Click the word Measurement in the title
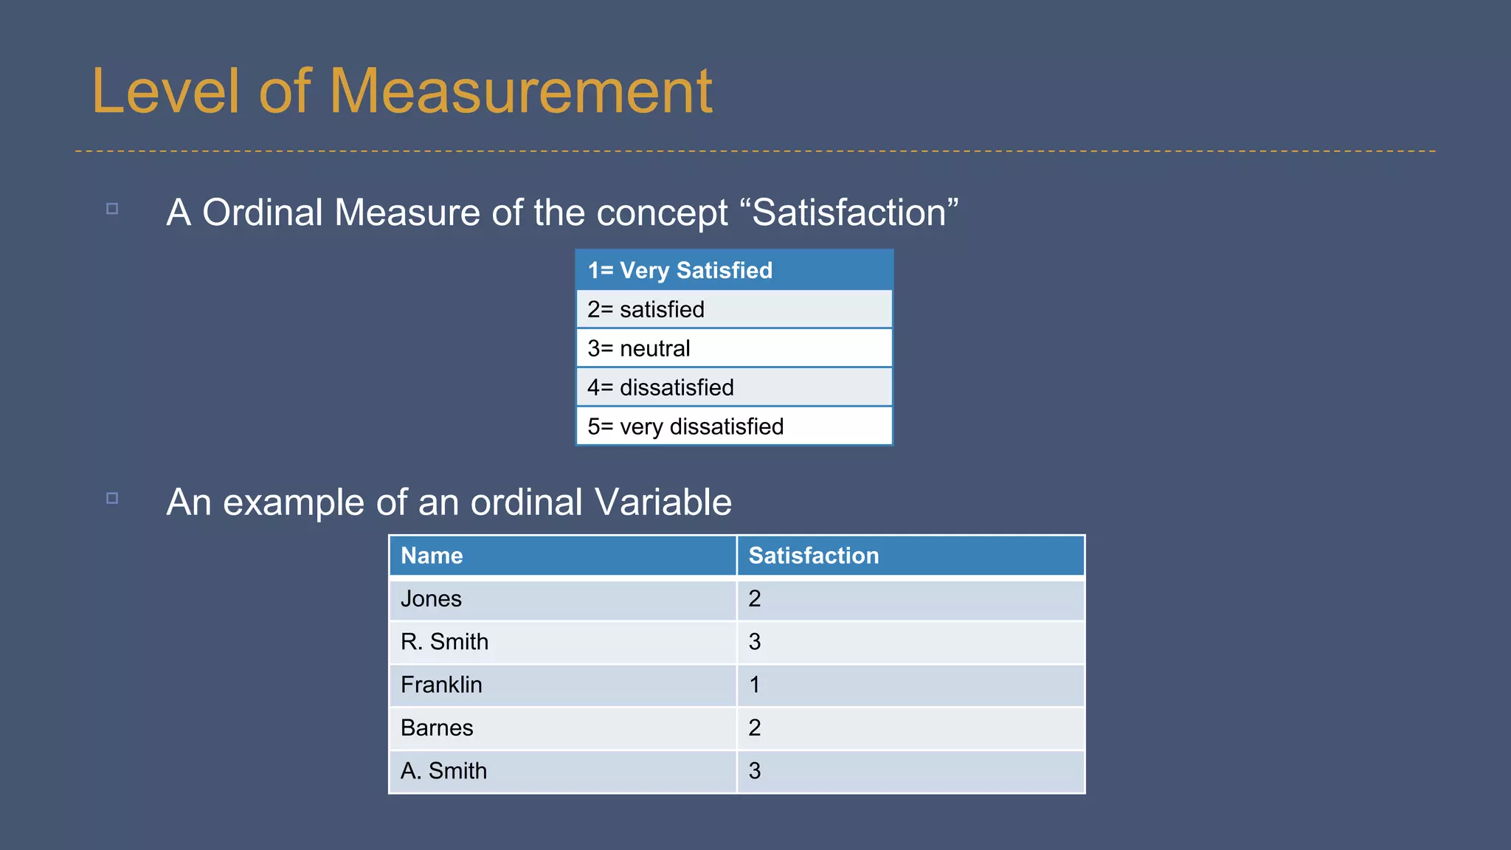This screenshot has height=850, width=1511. pyautogui.click(x=521, y=91)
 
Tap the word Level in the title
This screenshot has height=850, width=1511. pyautogui.click(x=165, y=91)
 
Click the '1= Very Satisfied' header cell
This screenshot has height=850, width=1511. pyautogui.click(x=733, y=270)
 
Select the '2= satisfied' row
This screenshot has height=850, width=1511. pyautogui.click(x=733, y=309)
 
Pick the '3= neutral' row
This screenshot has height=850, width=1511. pyautogui.click(x=733, y=348)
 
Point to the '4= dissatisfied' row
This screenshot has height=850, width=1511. pyautogui.click(x=733, y=387)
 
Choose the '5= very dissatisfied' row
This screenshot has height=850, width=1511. pyautogui.click(x=733, y=426)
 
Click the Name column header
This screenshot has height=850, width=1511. pyautogui.click(x=562, y=556)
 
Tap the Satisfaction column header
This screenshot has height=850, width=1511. pyautogui.click(x=910, y=556)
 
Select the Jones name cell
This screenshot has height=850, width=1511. pyautogui.click(x=562, y=599)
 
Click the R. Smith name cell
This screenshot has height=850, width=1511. pyautogui.click(x=562, y=642)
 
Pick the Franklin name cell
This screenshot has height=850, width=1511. pyautogui.click(x=562, y=685)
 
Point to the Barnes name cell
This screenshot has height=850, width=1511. pyautogui.click(x=562, y=728)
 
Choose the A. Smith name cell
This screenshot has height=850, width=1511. pyautogui.click(x=562, y=771)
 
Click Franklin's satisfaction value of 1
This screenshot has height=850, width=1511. pyautogui.click(x=755, y=685)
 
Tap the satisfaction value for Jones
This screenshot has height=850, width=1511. pyautogui.click(x=755, y=599)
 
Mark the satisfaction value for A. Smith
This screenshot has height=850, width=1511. pyautogui.click(x=755, y=771)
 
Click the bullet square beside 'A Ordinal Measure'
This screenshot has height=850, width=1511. pyautogui.click(x=112, y=209)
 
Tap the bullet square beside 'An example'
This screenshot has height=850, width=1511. pyautogui.click(x=112, y=498)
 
